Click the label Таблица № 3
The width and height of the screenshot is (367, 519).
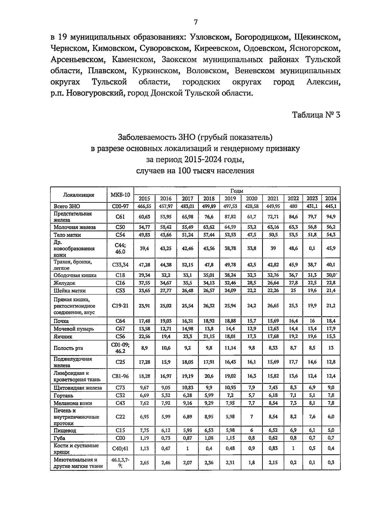click(x=316, y=115)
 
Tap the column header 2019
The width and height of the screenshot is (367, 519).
click(x=230, y=198)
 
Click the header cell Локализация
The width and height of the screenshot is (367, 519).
click(x=79, y=195)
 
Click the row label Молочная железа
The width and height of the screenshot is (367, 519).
click(x=75, y=227)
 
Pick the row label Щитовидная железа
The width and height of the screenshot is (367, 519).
click(x=78, y=388)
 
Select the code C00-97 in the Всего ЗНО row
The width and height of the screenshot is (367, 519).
click(x=120, y=206)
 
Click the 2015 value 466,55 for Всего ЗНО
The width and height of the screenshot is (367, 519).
click(x=144, y=206)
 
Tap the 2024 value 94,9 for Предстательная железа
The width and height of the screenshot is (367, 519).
click(x=331, y=217)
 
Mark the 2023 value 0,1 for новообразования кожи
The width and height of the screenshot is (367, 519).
click(x=312, y=248)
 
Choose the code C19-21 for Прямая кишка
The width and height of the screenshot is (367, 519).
click(x=120, y=306)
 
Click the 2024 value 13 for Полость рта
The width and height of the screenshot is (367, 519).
click(x=331, y=348)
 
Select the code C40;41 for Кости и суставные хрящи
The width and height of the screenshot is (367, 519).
click(x=120, y=448)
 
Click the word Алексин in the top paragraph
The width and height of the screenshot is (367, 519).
click(x=324, y=82)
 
